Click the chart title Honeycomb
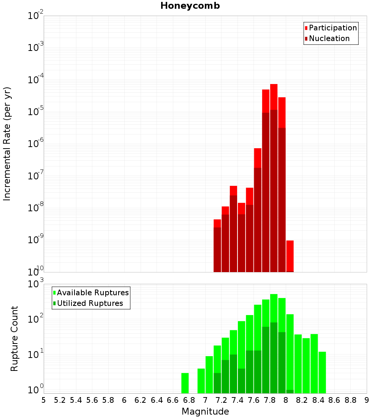pos(190,6)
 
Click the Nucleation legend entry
pos(329,38)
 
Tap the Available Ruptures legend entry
pos(93,293)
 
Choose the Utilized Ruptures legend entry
pos(90,303)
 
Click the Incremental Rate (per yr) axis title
pos(7,144)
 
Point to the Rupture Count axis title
pos(14,339)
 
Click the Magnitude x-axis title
pos(205,412)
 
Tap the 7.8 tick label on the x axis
pos(270,400)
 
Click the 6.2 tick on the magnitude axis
pos(141,400)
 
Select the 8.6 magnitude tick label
pos(334,400)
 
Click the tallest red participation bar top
pos(274,85)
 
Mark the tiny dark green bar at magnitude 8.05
pos(290,391)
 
